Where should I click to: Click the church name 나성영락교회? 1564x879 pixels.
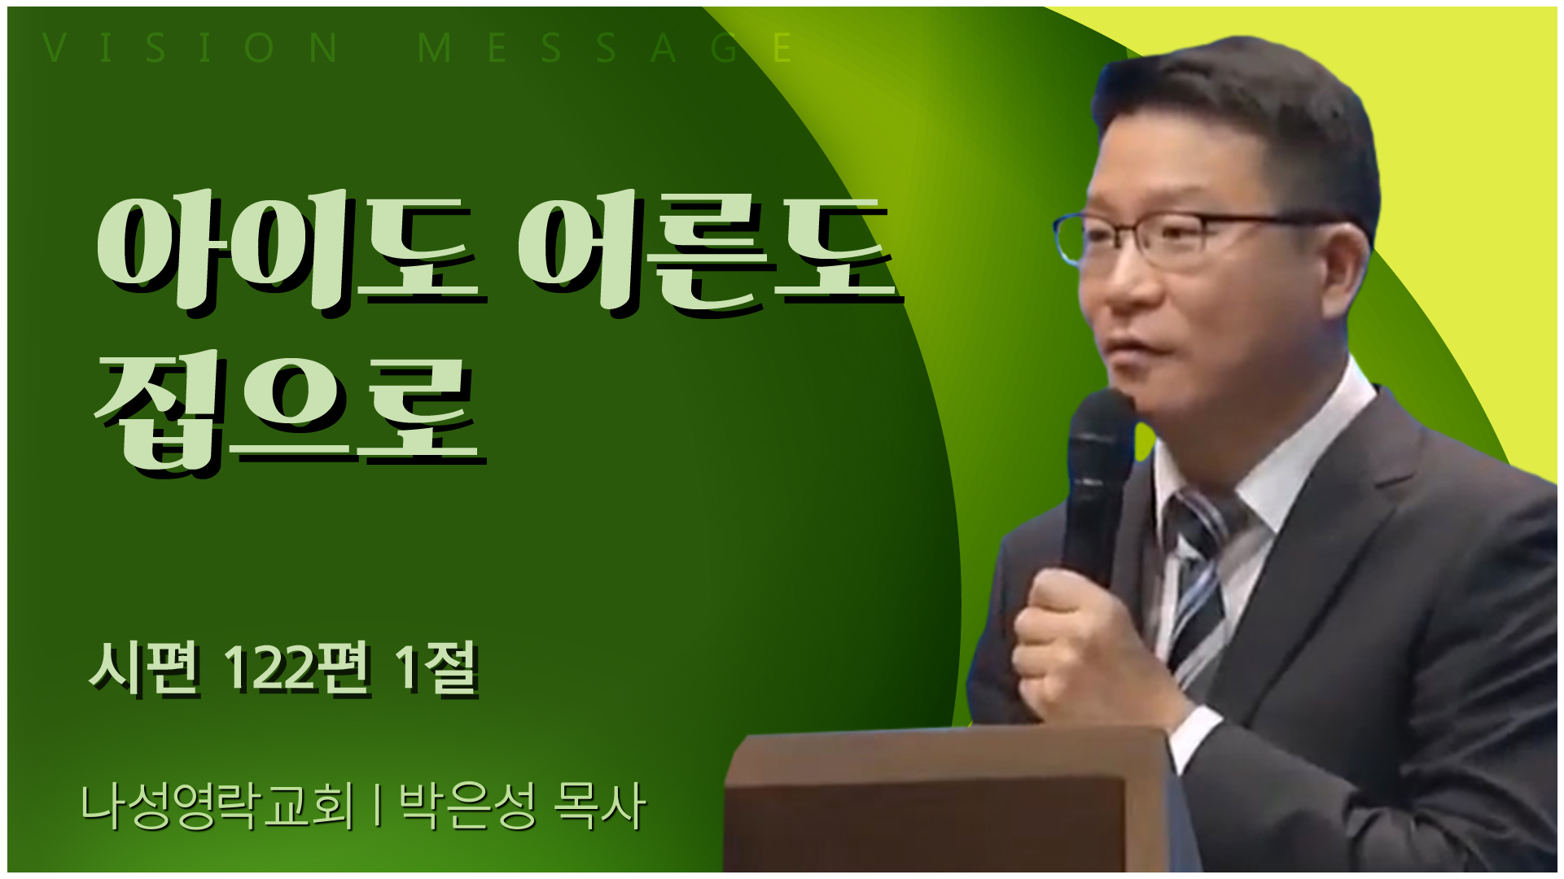[217, 806]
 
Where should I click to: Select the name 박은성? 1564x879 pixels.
[467, 806]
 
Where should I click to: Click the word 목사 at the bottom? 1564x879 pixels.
[599, 806]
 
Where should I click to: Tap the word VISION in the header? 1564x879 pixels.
[191, 48]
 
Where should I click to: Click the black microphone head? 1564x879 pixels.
[1102, 431]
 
